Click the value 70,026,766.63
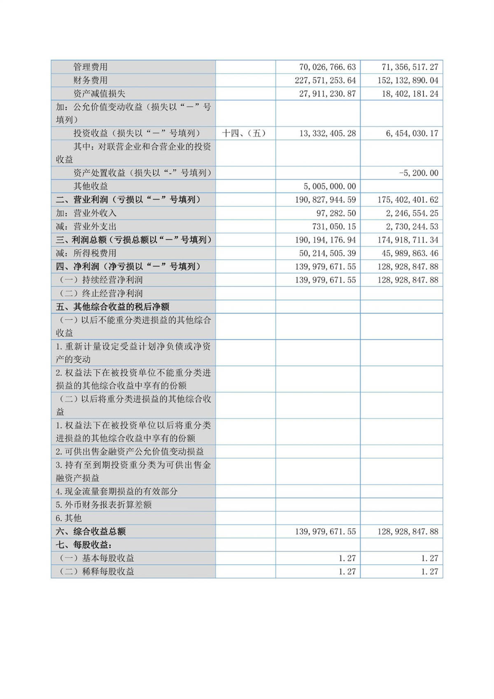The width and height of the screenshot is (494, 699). (x=327, y=67)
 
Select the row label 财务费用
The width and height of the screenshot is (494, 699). (x=90, y=80)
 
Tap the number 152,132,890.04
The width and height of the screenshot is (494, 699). (x=408, y=80)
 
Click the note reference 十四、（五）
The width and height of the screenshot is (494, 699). (x=244, y=133)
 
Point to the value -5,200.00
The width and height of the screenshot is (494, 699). (x=418, y=173)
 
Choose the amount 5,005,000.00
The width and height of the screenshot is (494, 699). (x=330, y=186)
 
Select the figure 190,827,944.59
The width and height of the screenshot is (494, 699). (x=325, y=200)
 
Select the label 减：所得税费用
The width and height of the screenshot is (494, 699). (x=86, y=253)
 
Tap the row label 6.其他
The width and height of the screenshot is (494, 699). (x=69, y=518)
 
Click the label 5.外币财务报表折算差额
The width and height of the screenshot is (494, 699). (x=104, y=505)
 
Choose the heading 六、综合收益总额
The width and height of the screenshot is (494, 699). (x=91, y=531)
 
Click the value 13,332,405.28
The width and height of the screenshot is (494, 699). (x=327, y=133)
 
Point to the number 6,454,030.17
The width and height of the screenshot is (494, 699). (x=412, y=133)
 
